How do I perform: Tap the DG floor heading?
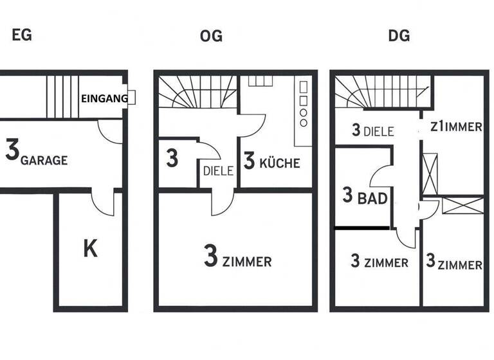tap(399, 35)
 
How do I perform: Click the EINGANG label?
tap(104, 98)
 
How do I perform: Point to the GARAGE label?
tap(44, 160)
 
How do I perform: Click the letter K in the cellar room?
tap(90, 248)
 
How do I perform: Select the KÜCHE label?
tap(279, 163)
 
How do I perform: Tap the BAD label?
tap(373, 198)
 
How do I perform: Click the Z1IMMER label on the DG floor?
tap(456, 127)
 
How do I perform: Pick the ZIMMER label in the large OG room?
tap(247, 262)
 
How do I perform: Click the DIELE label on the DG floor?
tap(378, 131)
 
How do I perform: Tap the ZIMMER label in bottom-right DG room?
tap(461, 264)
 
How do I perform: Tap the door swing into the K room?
tap(103, 204)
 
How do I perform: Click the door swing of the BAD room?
tap(381, 177)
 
